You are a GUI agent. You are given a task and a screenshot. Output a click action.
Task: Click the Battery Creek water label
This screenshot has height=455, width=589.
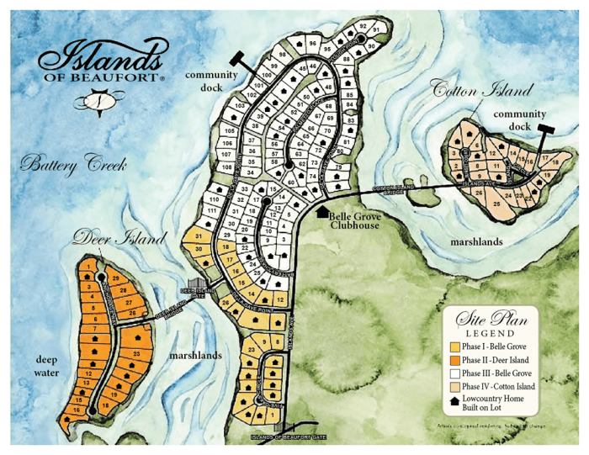click(x=74, y=164)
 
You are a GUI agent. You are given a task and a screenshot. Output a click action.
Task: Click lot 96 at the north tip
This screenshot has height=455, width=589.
click(x=312, y=43)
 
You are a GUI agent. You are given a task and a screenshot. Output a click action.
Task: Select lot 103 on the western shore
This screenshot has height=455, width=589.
click(x=240, y=107)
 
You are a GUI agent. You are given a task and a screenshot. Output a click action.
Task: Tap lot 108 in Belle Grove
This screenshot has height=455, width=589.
click(x=226, y=167)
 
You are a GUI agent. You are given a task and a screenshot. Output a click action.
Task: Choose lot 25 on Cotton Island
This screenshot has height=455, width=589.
click(x=496, y=204)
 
